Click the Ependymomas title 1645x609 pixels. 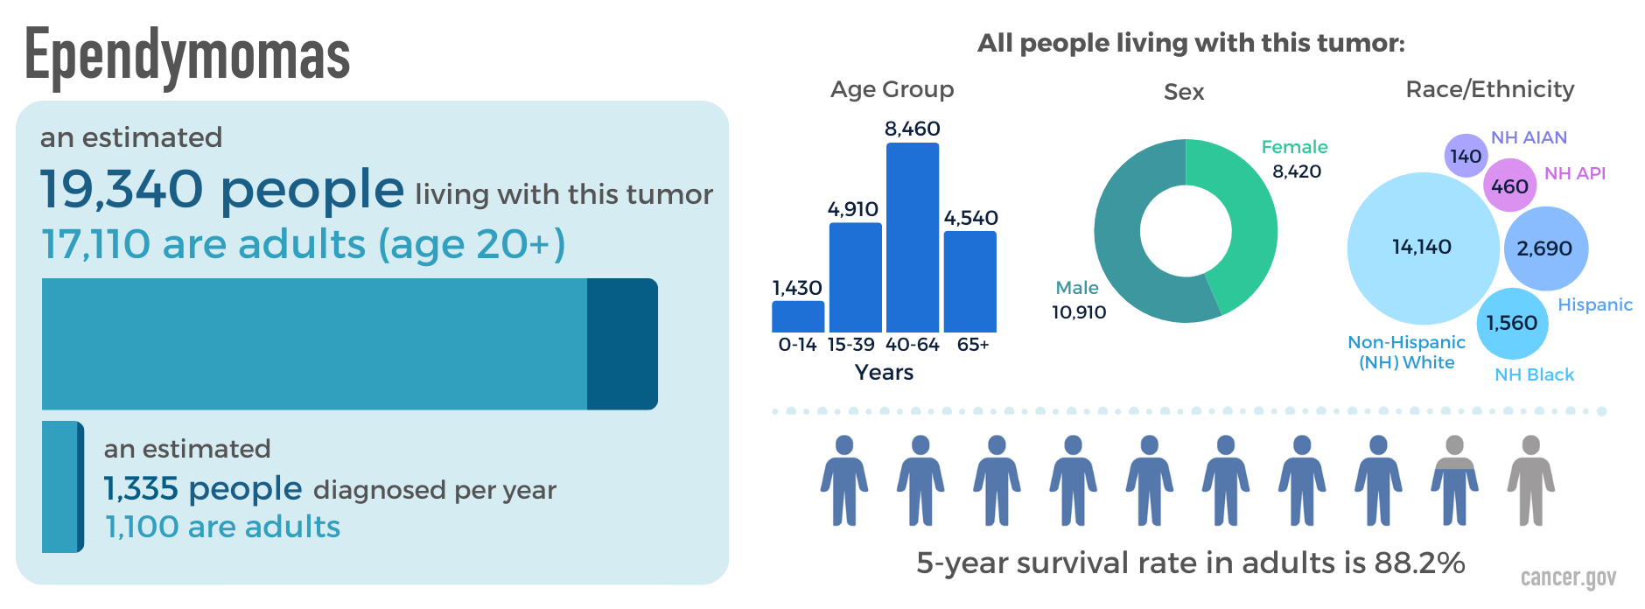click(187, 55)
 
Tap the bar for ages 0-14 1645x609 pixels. click(797, 316)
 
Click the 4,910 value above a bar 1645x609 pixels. click(852, 209)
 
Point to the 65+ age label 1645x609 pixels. click(972, 345)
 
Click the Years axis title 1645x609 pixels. click(884, 373)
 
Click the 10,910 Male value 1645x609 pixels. click(1079, 312)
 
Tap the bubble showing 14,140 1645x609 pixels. click(1422, 248)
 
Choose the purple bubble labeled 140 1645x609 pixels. click(1465, 156)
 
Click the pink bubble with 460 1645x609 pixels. click(1509, 185)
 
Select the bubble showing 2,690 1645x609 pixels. click(1544, 248)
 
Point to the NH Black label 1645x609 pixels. click(1534, 374)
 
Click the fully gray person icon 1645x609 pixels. click(1530, 481)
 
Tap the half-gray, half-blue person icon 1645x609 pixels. click(1454, 481)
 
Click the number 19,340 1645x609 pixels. click(122, 190)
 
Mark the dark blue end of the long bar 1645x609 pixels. click(621, 344)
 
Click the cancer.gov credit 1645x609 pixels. click(1568, 577)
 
